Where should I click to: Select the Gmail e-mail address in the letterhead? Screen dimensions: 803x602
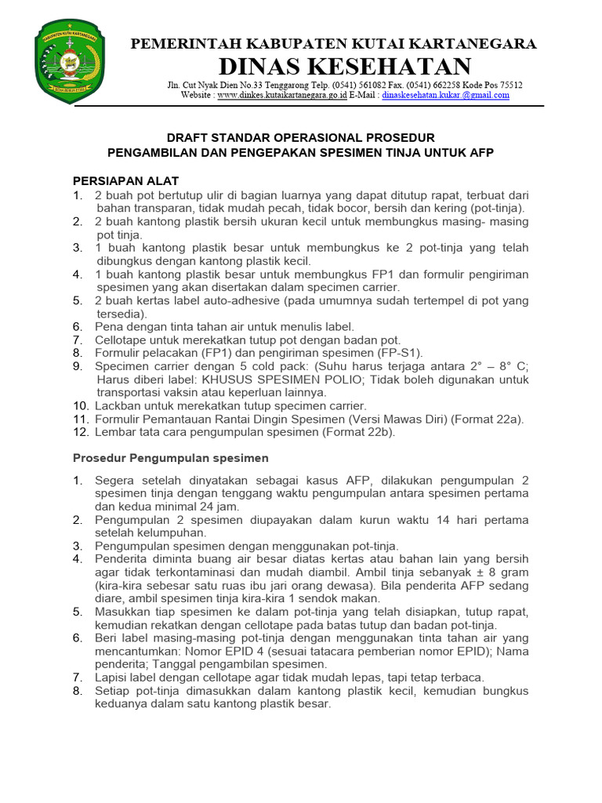445,95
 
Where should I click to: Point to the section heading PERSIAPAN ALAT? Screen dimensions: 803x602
125,180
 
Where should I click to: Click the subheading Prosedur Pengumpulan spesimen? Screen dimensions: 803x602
170,457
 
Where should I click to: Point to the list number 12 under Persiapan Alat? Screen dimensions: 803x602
80,432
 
